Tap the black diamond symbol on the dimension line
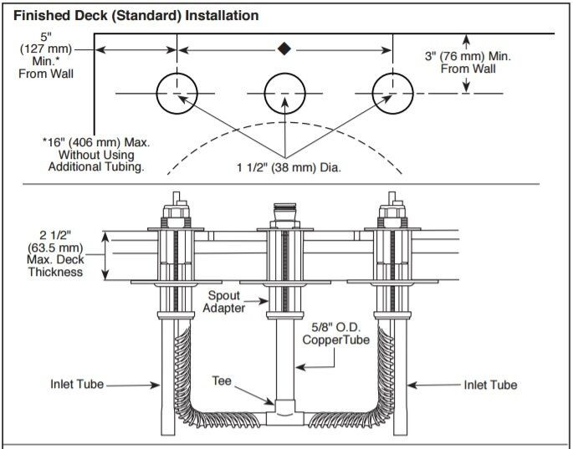point(284,49)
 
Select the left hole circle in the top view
point(177,92)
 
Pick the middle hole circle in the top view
point(285,92)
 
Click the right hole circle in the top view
point(392,92)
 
